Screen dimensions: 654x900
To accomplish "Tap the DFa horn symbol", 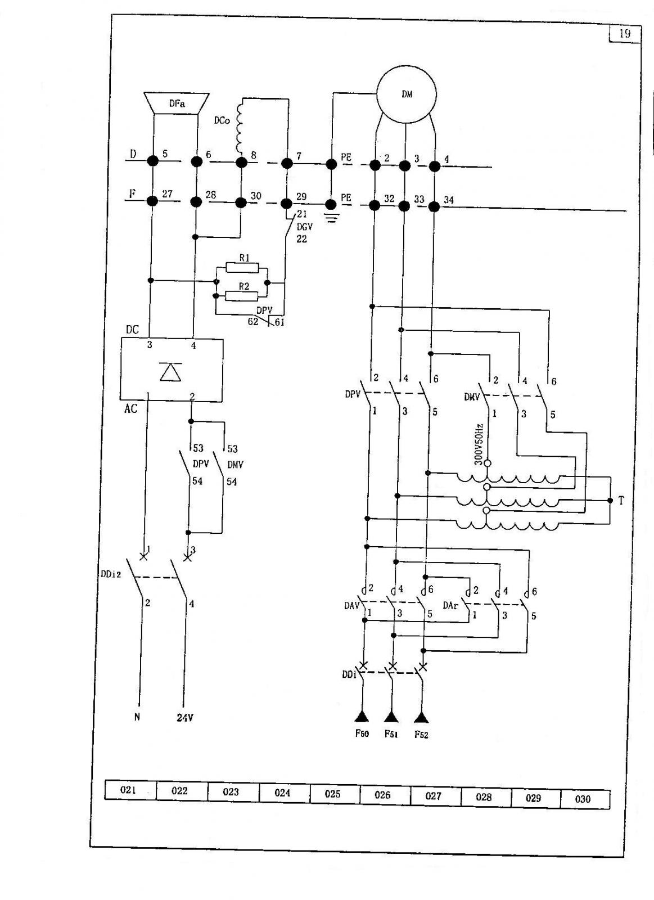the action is [x=177, y=103].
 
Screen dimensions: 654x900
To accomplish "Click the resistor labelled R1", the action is [x=242, y=267].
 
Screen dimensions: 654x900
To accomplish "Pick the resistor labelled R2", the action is [x=241, y=296].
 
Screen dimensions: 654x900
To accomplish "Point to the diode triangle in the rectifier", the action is [x=171, y=371].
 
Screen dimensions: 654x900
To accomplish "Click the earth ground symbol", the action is [x=331, y=218].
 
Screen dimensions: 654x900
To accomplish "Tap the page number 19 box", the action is [x=625, y=34].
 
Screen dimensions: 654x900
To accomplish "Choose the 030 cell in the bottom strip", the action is [x=585, y=799].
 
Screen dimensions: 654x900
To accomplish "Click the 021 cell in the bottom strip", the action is [x=130, y=790].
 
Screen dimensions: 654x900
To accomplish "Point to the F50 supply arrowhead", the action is [x=362, y=717].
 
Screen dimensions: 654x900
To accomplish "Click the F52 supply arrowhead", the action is [x=421, y=718].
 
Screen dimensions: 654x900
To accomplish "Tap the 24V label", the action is [x=185, y=728].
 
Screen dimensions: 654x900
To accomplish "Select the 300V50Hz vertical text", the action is [x=479, y=444].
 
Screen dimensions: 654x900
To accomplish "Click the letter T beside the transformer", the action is [x=621, y=501].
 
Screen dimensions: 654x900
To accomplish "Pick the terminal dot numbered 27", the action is [x=152, y=201].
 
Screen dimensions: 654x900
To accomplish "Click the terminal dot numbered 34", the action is [x=435, y=206].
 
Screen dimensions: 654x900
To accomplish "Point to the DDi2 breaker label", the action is [x=111, y=574].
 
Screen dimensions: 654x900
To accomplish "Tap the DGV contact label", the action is [x=304, y=227].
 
